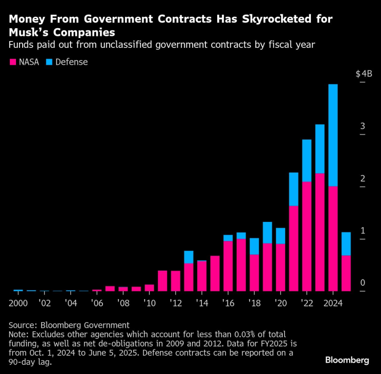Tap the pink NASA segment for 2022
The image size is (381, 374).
tap(307, 236)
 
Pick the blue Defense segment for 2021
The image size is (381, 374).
tap(294, 189)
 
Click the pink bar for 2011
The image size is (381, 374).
tap(163, 280)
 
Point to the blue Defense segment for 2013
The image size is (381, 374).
tap(189, 257)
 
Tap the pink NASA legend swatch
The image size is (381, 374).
tap(13, 62)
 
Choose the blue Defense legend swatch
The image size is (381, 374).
tap(49, 62)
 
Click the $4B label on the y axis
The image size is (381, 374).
tap(363, 74)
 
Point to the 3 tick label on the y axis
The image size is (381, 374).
tap(362, 126)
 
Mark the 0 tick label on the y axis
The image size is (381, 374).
tap(362, 283)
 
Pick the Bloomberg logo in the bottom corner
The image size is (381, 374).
tap(347, 359)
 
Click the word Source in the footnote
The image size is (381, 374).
tap(24, 325)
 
